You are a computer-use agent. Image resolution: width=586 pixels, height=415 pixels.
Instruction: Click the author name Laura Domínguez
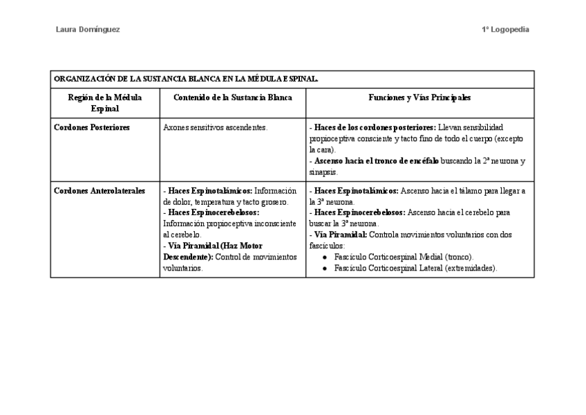pos(87,30)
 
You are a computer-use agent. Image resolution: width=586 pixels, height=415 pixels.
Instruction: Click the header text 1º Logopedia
pos(506,30)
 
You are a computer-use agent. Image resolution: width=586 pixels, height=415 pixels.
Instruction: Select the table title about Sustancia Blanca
pos(186,80)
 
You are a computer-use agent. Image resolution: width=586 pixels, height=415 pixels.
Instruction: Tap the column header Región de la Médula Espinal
pos(105,103)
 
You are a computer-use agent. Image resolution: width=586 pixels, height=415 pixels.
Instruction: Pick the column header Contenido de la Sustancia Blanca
pos(232,98)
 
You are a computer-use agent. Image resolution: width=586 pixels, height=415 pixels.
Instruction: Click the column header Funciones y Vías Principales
pos(419,98)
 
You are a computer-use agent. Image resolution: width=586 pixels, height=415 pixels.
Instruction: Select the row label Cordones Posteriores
pos(91,128)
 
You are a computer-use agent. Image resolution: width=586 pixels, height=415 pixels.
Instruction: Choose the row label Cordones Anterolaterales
pos(100,191)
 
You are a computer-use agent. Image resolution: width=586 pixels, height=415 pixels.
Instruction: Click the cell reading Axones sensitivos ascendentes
pos(215,128)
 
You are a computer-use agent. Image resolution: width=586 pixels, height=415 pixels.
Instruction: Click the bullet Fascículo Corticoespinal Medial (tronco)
pos(403,257)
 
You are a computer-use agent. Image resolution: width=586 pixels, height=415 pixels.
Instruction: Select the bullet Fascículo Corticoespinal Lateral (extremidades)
pos(415,268)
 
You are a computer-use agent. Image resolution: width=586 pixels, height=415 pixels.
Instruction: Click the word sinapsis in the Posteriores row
pos(323,172)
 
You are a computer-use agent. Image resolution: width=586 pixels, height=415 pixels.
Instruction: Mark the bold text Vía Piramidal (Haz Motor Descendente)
pos(213,251)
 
